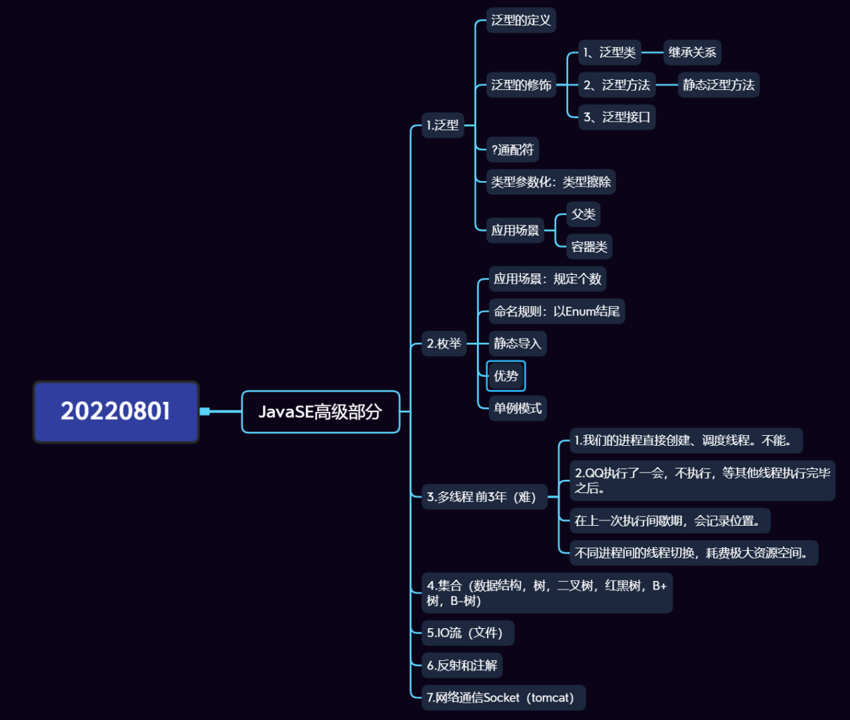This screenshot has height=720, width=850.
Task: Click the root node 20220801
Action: tap(116, 411)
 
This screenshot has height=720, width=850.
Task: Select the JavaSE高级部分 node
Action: tap(320, 412)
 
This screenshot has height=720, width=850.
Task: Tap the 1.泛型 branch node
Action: tap(443, 125)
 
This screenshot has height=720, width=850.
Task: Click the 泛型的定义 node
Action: tap(521, 20)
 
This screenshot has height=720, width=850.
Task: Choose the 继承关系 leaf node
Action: tap(692, 52)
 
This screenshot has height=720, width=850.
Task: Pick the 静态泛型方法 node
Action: tap(718, 85)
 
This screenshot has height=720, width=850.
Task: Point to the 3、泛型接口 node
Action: tap(616, 117)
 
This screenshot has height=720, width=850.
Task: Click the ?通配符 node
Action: tap(512, 150)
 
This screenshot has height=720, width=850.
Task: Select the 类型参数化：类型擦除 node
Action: tap(550, 182)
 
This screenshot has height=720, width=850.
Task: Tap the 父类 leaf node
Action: tap(583, 214)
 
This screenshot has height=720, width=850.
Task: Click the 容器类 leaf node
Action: tap(589, 247)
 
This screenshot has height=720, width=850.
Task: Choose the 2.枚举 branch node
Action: tap(444, 343)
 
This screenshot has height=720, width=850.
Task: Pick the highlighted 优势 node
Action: tap(506, 376)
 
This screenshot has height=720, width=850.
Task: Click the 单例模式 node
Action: tap(517, 408)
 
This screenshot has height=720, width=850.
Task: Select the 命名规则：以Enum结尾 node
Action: tap(556, 311)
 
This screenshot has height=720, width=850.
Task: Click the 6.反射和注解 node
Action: tap(462, 665)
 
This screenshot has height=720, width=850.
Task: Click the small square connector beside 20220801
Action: tap(205, 411)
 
